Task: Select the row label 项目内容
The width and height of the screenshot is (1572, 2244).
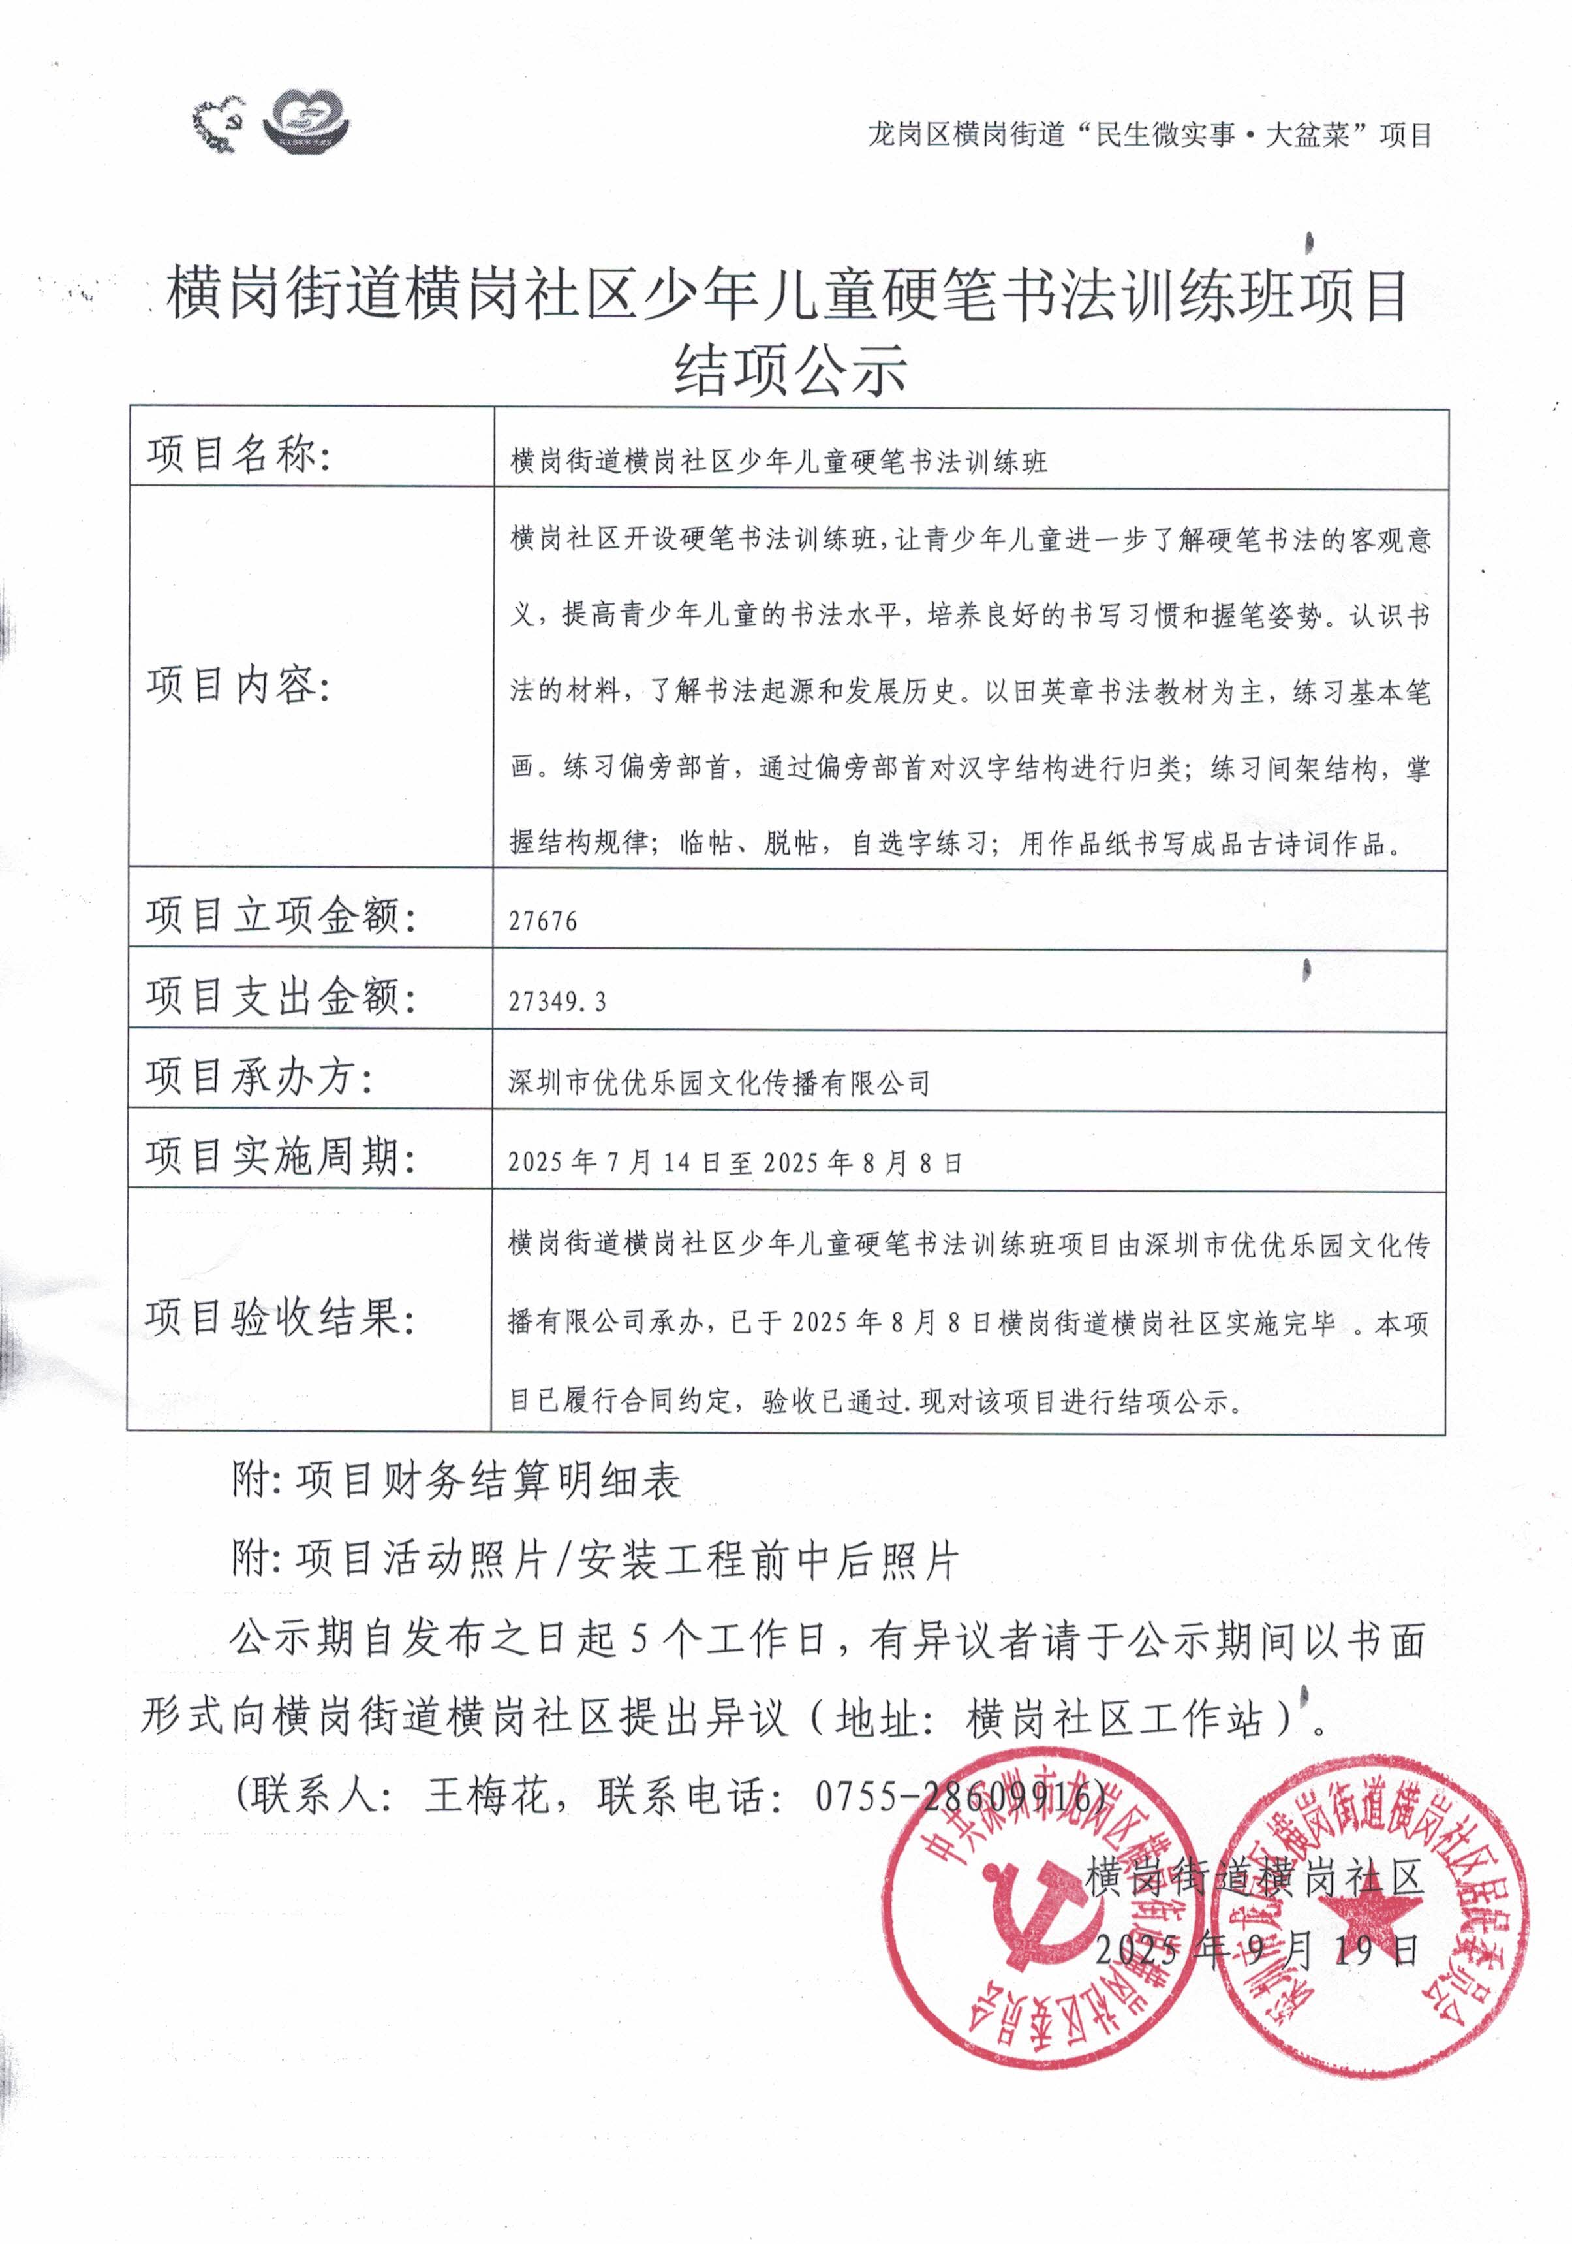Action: (239, 685)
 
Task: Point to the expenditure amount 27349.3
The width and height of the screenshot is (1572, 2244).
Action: (557, 1002)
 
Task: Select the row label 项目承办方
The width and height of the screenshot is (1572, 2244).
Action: (259, 1077)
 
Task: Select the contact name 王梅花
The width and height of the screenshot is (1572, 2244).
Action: (489, 1796)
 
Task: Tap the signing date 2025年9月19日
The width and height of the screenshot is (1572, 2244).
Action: (1256, 1951)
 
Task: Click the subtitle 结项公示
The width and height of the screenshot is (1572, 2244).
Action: (790, 370)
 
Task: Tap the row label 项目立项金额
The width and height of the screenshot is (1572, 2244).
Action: (281, 916)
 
